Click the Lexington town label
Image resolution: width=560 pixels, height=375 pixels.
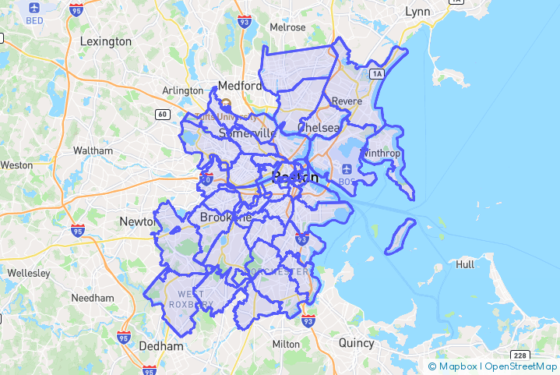click(106, 41)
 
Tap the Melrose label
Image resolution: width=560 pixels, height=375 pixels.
click(287, 27)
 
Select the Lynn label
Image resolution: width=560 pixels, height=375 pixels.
click(417, 12)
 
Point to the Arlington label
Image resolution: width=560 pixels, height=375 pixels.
click(182, 90)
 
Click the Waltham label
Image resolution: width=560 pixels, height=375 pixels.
click(93, 150)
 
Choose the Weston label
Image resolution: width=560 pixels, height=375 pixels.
click(16, 165)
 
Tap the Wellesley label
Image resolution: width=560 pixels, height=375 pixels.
click(28, 273)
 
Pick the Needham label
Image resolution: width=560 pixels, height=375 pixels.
click(93, 298)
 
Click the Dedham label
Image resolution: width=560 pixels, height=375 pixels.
click(161, 345)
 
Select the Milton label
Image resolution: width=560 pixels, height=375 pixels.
click(286, 344)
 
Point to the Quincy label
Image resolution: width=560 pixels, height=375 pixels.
click(356, 342)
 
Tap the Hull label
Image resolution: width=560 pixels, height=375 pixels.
click(465, 264)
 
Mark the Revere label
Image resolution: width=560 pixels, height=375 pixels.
click(347, 101)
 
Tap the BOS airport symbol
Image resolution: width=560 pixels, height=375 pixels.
click(347, 169)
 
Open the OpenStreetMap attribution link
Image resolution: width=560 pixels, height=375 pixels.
click(520, 366)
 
